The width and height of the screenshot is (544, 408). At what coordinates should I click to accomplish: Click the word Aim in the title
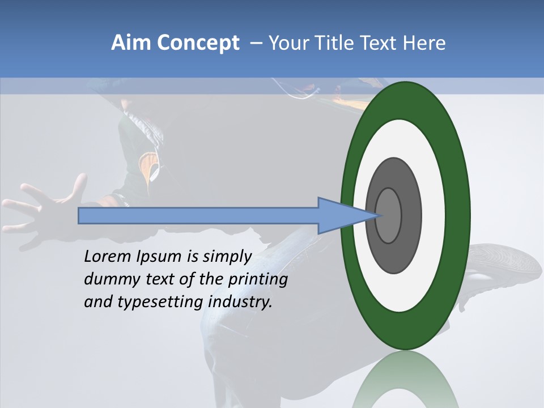(131, 43)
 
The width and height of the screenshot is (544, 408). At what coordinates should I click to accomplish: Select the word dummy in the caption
(107, 279)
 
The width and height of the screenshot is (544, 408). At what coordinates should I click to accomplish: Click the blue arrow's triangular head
(340, 216)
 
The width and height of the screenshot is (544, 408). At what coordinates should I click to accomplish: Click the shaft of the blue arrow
(198, 216)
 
